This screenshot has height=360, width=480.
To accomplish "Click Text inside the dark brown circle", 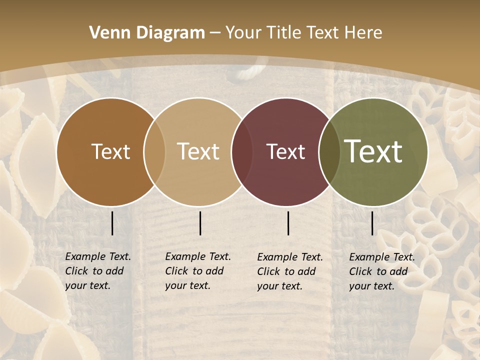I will pyautogui.click(x=110, y=151).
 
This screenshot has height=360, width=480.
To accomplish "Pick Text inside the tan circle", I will pyautogui.click(x=198, y=151).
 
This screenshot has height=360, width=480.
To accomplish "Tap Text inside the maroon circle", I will pyautogui.click(x=285, y=151).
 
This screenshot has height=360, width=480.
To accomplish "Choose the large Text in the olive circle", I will pyautogui.click(x=373, y=151).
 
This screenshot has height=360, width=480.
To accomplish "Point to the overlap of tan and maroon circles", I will pyautogui.click(x=242, y=151).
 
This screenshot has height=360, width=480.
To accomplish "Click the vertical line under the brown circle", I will pyautogui.click(x=112, y=223).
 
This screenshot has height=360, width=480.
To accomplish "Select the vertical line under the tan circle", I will pyautogui.click(x=200, y=223).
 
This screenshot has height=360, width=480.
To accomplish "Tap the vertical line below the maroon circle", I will pyautogui.click(x=288, y=223).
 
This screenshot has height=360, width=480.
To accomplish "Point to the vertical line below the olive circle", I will pyautogui.click(x=372, y=223).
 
